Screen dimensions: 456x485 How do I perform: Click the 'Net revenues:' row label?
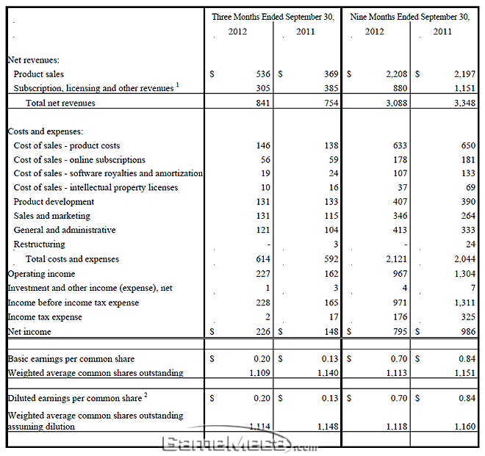34,59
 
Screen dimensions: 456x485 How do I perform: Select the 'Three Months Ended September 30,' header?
273,16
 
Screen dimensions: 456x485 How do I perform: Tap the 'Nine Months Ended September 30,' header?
409,16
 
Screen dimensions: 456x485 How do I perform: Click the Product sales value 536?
263,74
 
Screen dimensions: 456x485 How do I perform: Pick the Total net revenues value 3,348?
464,104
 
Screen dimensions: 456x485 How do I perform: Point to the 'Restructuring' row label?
39,244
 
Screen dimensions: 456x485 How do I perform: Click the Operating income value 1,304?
464,273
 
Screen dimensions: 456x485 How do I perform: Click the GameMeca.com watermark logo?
238,444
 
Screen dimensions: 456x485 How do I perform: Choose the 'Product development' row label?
54,201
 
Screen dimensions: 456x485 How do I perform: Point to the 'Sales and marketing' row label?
51,216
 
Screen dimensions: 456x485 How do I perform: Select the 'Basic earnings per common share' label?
71,359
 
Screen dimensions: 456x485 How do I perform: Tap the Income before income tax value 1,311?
464,303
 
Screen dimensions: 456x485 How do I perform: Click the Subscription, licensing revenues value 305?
263,88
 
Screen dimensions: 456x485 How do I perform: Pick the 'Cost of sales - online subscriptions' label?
79,159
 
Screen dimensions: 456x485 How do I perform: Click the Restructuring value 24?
470,245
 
